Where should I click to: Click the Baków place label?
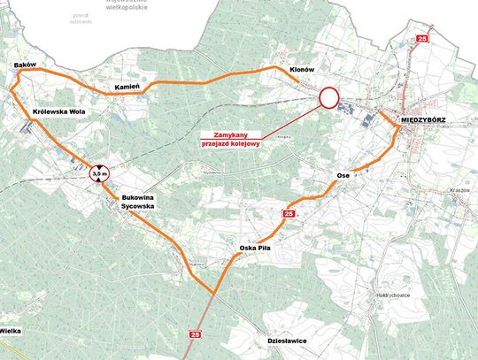(x=24, y=66)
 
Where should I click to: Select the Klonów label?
(x=303, y=69)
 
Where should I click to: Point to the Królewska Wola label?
(x=58, y=113)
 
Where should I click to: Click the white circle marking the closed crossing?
(x=329, y=97)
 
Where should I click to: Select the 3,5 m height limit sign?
(x=98, y=173)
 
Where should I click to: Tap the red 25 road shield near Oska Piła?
(x=289, y=214)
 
